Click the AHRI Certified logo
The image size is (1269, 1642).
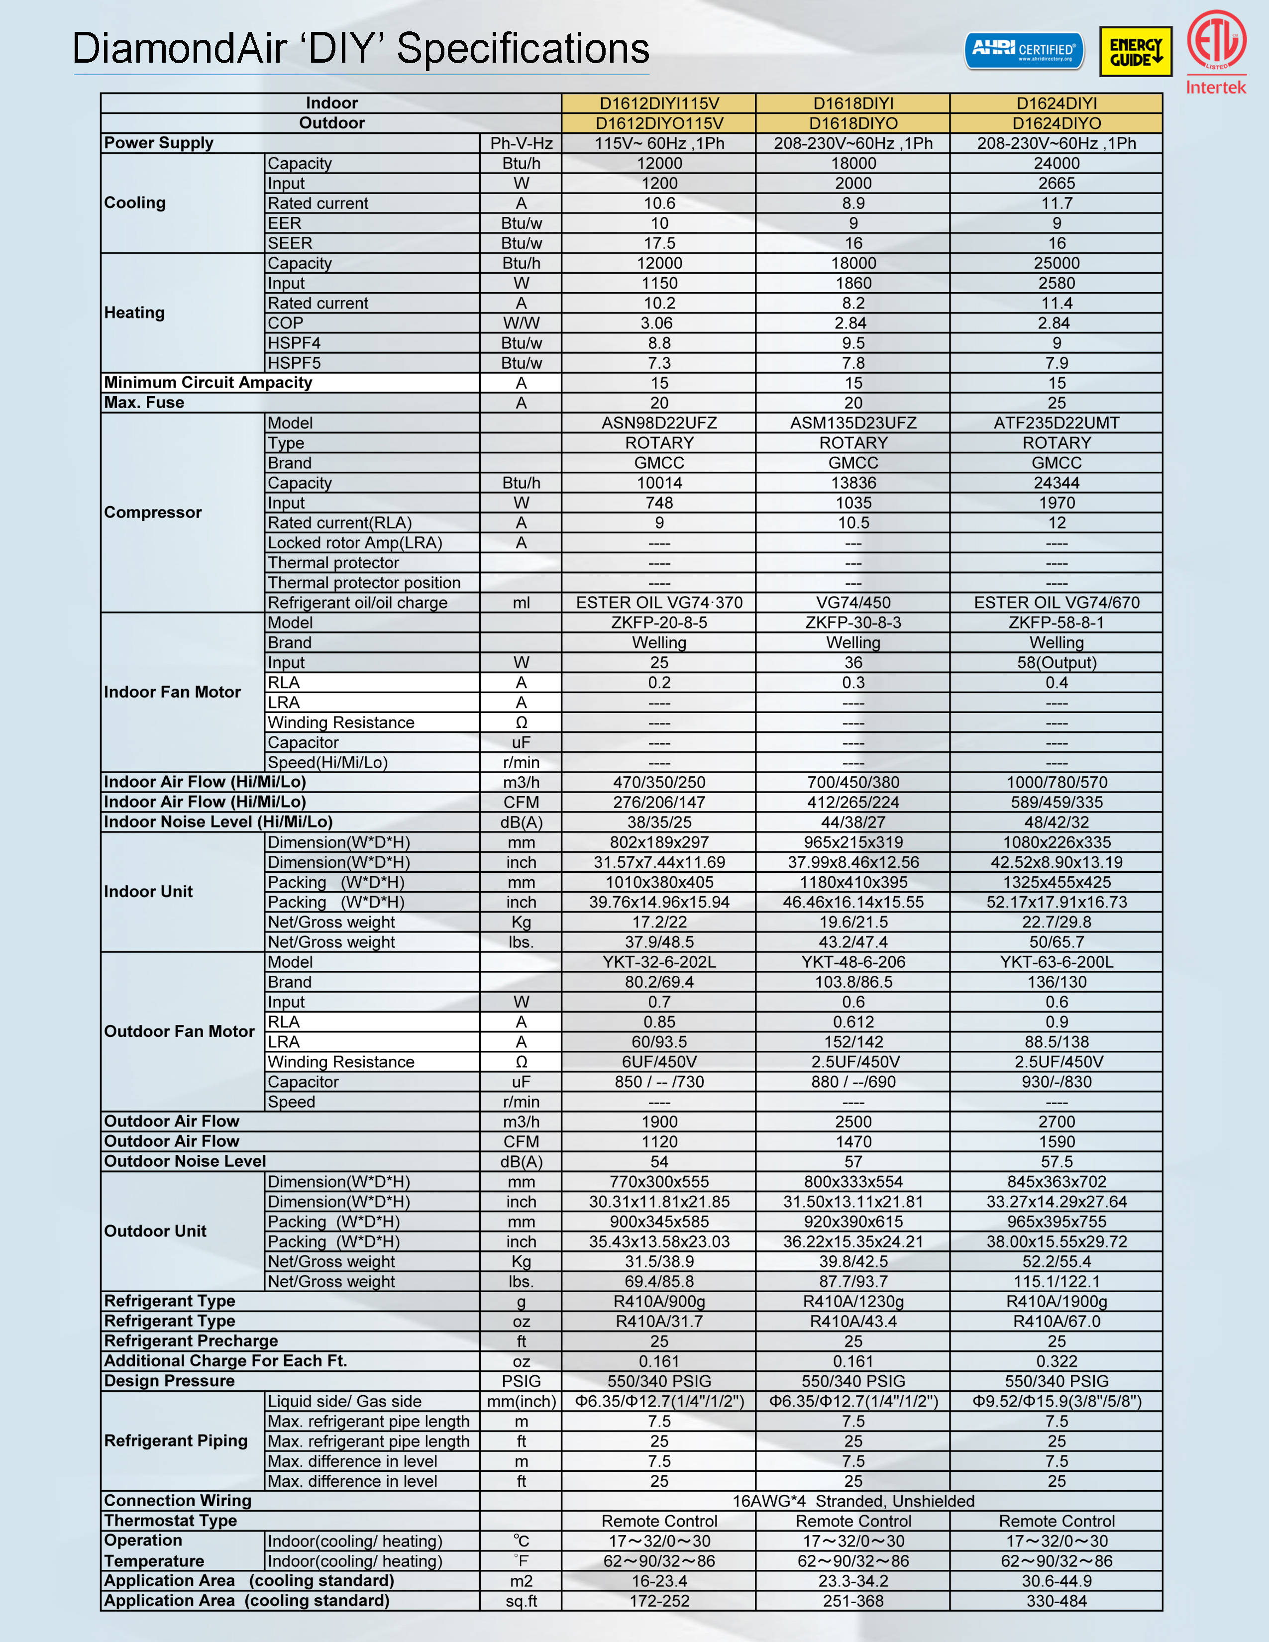coord(1024,50)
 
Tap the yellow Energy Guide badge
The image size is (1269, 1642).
coord(1135,52)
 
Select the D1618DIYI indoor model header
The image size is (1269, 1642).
coord(853,103)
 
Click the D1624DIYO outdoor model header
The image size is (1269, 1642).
coord(1056,123)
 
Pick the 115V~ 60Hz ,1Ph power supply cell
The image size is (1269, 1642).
coord(659,143)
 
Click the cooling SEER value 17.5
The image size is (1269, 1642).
coord(659,243)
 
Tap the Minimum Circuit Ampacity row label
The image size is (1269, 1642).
coord(208,383)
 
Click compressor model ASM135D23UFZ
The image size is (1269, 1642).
coord(853,422)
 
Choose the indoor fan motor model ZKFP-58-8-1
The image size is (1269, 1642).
coord(1056,622)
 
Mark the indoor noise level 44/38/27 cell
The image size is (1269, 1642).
coord(853,822)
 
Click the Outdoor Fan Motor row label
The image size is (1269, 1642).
coord(179,1031)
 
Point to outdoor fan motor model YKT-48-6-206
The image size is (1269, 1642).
coord(853,962)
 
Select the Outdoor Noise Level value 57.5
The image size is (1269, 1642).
coord(1056,1161)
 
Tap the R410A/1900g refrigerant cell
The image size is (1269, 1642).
coord(1056,1302)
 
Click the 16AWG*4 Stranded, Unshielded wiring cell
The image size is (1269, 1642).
coord(853,1501)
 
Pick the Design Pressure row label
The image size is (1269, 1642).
coord(169,1381)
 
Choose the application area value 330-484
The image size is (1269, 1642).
coord(1056,1601)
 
